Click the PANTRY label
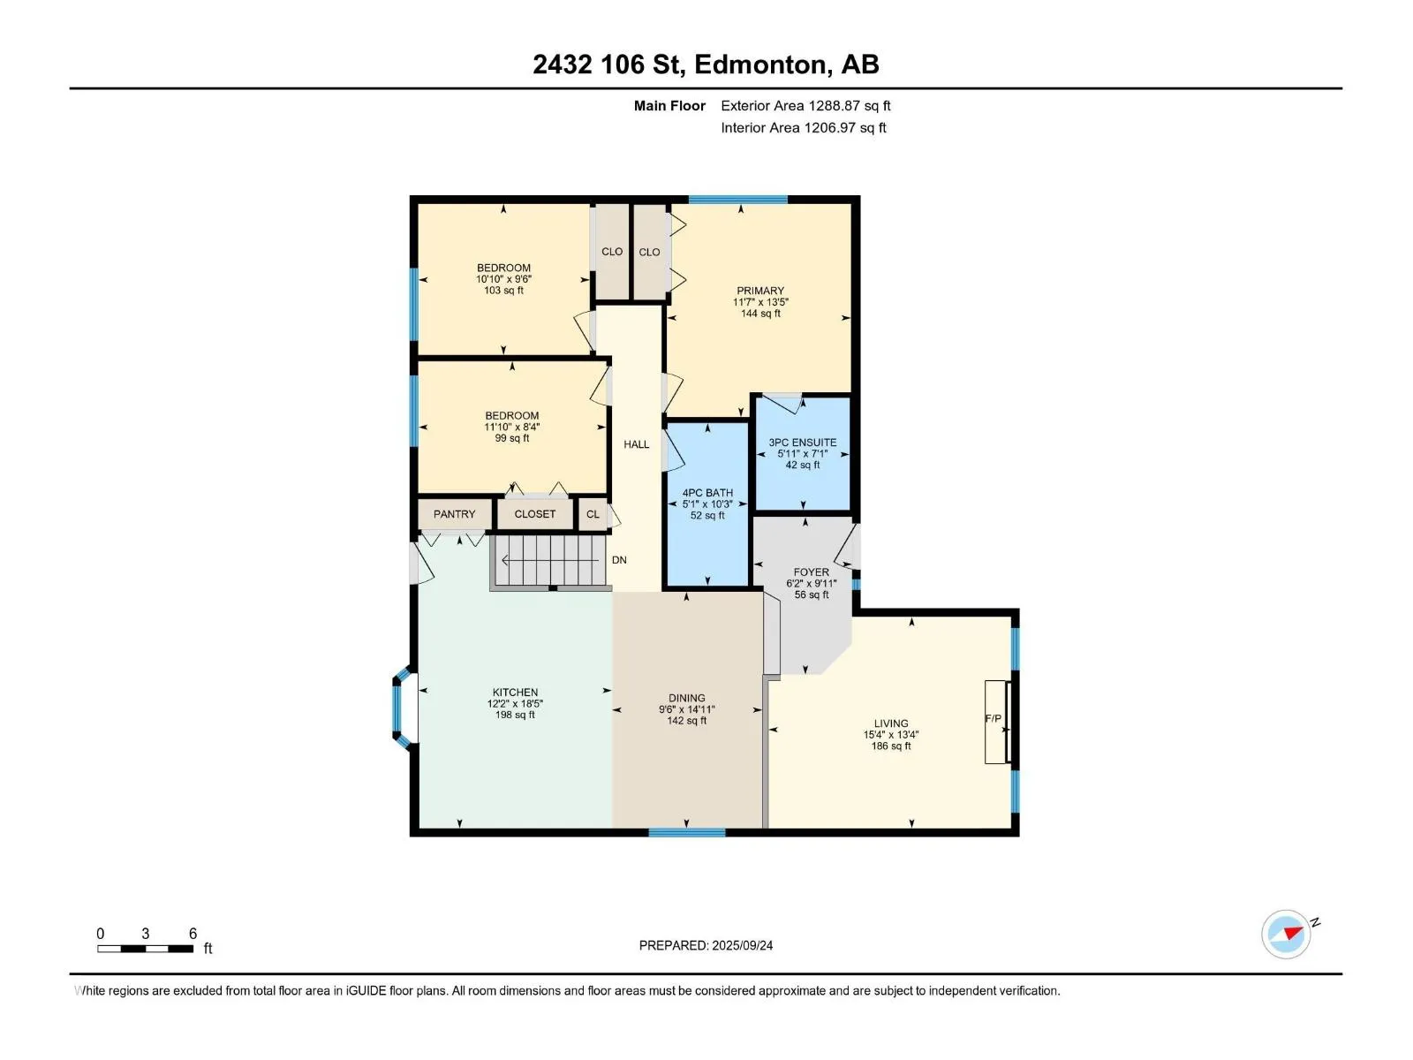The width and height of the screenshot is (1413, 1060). pos(454,514)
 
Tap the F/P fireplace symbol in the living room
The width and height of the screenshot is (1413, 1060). pos(997,722)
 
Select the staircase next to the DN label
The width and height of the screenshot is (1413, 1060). pos(550,561)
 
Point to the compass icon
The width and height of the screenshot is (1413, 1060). pos(1286,935)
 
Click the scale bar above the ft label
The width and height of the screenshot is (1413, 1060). pos(146,949)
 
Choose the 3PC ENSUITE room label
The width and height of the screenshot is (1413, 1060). pos(803,443)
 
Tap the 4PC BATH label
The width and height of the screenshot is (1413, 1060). pos(707,493)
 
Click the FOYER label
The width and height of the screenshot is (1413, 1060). pos(811,572)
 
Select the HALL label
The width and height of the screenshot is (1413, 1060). pos(636,444)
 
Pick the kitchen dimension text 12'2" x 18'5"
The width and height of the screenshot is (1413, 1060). pos(515,704)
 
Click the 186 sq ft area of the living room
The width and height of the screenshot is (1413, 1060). pos(891,746)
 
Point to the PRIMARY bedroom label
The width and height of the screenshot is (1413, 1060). pos(760,291)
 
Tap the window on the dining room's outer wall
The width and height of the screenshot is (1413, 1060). pos(686,833)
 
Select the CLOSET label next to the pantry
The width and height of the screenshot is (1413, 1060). pos(535,514)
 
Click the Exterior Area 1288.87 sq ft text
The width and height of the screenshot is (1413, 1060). pos(805,106)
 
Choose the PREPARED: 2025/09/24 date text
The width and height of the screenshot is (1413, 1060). pos(706,945)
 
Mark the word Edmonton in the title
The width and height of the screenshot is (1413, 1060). pos(761,65)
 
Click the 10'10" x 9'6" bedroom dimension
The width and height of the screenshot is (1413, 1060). pos(503,279)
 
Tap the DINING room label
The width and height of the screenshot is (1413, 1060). pos(686,699)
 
